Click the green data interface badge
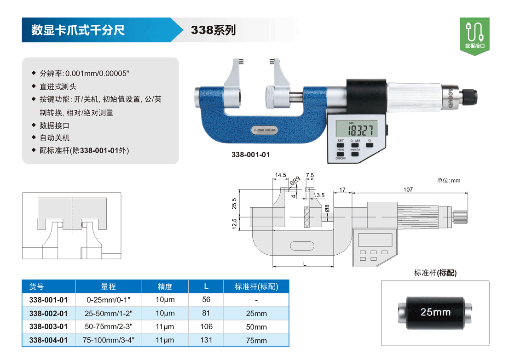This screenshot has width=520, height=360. [474, 36]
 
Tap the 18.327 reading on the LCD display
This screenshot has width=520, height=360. [360, 130]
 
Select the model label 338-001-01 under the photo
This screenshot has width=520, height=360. [251, 154]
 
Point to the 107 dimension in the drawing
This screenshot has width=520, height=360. [408, 189]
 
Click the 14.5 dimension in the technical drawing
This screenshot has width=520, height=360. [281, 175]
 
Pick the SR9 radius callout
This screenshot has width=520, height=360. [295, 181]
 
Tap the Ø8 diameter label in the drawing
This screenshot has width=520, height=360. [327, 208]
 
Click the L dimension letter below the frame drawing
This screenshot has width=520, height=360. [305, 264]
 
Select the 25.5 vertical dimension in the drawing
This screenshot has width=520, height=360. [234, 204]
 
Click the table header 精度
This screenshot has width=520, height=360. [165, 286]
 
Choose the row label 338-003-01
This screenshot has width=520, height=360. [48, 326]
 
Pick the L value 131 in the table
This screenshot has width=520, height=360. [206, 340]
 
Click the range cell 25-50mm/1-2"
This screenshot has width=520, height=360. [109, 313]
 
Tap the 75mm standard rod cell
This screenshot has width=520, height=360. [256, 340]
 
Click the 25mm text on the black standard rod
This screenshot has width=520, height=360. [435, 312]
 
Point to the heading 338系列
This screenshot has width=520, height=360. [213, 30]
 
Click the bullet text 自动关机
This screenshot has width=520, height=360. [55, 137]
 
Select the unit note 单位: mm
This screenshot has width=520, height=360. [448, 180]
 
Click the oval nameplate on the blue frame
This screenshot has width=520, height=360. [264, 130]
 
